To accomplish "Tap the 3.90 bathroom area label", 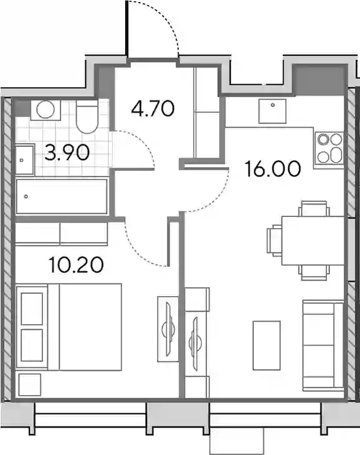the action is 67,153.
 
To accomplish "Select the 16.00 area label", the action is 272,169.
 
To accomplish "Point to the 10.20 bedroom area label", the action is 76,265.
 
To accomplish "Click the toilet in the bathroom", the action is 87,117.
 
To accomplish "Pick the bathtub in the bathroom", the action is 62,196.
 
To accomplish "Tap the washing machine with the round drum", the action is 46,110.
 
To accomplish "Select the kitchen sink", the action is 272,111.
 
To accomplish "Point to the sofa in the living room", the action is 323,345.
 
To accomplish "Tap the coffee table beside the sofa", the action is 267,345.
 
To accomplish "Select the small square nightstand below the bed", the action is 29,385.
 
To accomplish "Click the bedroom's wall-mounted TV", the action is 168,328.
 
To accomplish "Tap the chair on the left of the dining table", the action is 274,241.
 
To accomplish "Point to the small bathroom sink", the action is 25,160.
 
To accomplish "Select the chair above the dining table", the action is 315,208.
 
